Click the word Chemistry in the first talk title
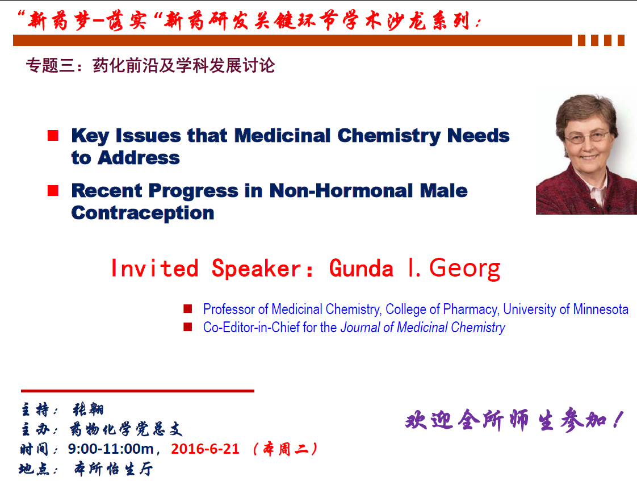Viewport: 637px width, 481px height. click(389, 136)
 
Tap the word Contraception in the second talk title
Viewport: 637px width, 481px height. click(143, 214)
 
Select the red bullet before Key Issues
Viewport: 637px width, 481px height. click(53, 135)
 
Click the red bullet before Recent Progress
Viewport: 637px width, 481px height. click(53, 190)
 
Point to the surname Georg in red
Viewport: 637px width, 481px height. click(465, 269)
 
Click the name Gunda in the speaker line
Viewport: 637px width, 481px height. click(361, 269)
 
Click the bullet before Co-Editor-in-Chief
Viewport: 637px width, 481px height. click(188, 327)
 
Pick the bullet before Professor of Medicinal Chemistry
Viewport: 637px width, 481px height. click(188, 309)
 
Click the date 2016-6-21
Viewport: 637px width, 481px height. click(205, 449)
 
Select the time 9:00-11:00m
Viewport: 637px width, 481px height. click(111, 449)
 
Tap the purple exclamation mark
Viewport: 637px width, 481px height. click(618, 420)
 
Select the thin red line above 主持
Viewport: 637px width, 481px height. click(138, 391)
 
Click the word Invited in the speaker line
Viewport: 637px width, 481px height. click(155, 269)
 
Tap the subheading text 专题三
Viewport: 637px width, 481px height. click(51, 65)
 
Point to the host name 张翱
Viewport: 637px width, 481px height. click(89, 409)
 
